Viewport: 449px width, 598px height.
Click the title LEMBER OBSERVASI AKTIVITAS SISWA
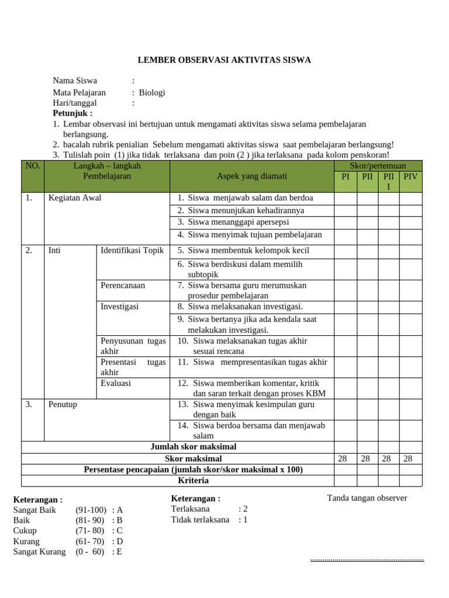tap(224, 60)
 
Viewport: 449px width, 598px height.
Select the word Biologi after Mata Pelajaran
tap(152, 92)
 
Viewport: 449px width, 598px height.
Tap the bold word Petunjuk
tap(72, 113)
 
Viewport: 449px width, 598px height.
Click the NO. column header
tap(33, 166)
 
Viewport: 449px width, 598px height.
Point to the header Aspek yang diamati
tap(252, 176)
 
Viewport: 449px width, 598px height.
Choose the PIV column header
tap(410, 176)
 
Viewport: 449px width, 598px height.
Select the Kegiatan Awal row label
tap(75, 198)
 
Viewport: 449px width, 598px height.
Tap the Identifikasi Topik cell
tap(132, 251)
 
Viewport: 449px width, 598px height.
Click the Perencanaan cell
tap(123, 286)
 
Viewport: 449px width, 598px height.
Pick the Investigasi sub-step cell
tap(120, 307)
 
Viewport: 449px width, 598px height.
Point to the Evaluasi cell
tap(116, 384)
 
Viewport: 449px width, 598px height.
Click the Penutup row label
tap(63, 404)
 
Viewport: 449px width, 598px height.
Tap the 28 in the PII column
tap(367, 459)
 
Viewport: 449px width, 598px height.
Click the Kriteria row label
tap(193, 481)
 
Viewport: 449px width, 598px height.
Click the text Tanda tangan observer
tap(367, 498)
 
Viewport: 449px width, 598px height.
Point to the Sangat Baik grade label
tap(34, 510)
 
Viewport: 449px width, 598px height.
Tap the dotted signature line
tap(367, 560)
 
